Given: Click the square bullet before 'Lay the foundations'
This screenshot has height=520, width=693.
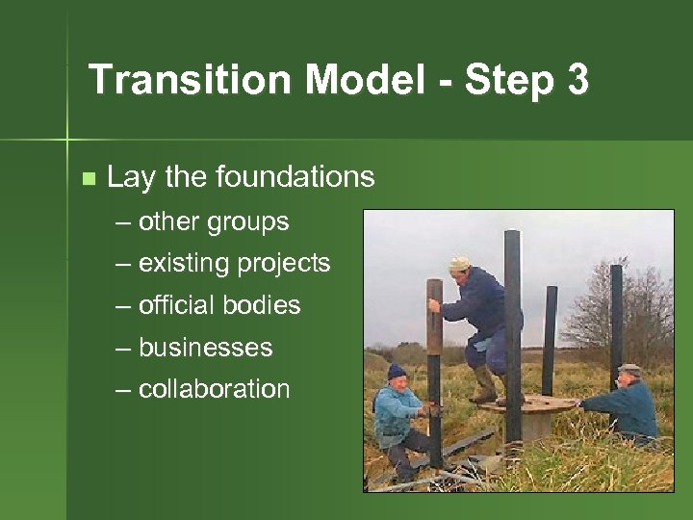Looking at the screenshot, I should click(89, 179).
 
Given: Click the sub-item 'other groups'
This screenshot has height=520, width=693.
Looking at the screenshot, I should click(213, 221).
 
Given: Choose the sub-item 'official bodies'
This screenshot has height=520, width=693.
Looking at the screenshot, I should click(219, 306).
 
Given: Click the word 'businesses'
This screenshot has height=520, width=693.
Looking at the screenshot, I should click(205, 348).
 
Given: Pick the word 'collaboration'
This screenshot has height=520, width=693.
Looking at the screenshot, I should click(214, 390).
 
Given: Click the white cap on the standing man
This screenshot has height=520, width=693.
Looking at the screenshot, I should click(460, 263).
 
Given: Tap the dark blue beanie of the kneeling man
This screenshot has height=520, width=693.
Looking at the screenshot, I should click(397, 372).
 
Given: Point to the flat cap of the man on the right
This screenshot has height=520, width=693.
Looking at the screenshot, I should click(629, 370).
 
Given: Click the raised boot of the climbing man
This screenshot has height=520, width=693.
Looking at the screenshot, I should click(483, 390).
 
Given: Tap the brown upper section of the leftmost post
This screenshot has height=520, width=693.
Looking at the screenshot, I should click(435, 313).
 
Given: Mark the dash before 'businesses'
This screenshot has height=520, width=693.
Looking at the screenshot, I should click(123, 349).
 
